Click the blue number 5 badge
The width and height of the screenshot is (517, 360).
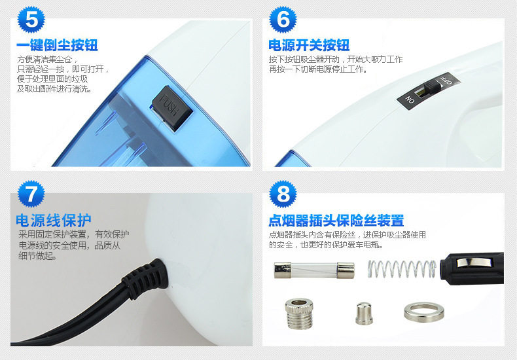(31, 20)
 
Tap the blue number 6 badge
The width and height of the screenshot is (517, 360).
(283, 20)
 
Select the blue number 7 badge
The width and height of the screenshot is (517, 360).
(31, 194)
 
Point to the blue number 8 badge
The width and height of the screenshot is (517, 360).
(283, 194)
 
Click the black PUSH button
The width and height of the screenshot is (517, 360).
(172, 108)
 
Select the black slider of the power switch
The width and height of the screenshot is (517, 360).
(432, 88)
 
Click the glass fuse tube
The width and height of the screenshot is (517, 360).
(314, 270)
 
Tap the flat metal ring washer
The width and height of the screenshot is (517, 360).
(423, 312)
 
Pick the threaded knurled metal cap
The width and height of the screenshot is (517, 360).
(299, 314)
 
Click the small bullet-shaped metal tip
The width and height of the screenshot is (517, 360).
(364, 314)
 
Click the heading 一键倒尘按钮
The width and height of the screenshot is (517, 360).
(58, 45)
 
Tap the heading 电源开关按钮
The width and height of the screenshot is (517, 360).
(309, 45)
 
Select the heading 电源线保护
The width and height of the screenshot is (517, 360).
(54, 220)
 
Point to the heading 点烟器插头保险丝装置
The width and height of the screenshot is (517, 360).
(336, 221)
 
